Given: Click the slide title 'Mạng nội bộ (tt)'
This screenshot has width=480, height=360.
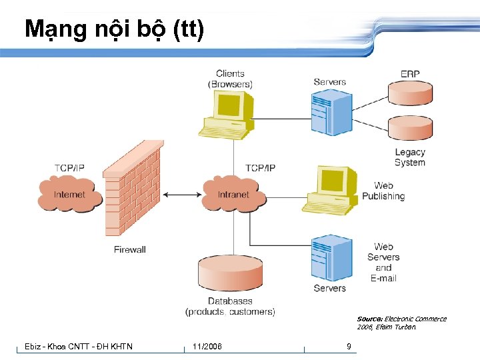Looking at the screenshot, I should pyautogui.click(x=114, y=30).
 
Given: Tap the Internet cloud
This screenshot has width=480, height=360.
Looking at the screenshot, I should pyautogui.click(x=69, y=193).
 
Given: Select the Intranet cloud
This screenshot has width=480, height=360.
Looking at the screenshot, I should pyautogui.click(x=233, y=193).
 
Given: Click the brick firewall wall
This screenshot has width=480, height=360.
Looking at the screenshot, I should pyautogui.click(x=133, y=190).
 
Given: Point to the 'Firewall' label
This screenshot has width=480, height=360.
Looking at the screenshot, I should pyautogui.click(x=129, y=249).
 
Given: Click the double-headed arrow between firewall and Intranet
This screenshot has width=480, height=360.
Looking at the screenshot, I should pyautogui.click(x=183, y=195).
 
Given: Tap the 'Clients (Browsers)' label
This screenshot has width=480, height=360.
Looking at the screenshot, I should pyautogui.click(x=230, y=79).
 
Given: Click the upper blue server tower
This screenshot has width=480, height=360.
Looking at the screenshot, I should pyautogui.click(x=331, y=113).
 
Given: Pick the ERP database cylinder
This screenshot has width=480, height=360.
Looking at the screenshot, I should pyautogui.click(x=410, y=93).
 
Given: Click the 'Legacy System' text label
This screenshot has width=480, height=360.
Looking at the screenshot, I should pyautogui.click(x=409, y=157).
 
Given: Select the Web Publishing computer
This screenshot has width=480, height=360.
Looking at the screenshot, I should pyautogui.click(x=332, y=189).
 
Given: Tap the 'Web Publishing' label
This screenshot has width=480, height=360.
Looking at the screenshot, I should pyautogui.click(x=383, y=191).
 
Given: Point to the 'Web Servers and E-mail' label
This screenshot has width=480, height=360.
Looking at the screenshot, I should pyautogui.click(x=383, y=262).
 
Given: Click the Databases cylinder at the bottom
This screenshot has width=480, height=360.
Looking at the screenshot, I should pyautogui.click(x=230, y=273).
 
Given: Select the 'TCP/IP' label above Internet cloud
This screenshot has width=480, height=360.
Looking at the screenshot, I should pyautogui.click(x=69, y=167).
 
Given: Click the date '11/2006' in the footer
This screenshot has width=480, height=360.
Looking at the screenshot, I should pyautogui.click(x=207, y=347).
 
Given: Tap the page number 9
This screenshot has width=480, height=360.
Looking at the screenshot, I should pyautogui.click(x=349, y=347).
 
